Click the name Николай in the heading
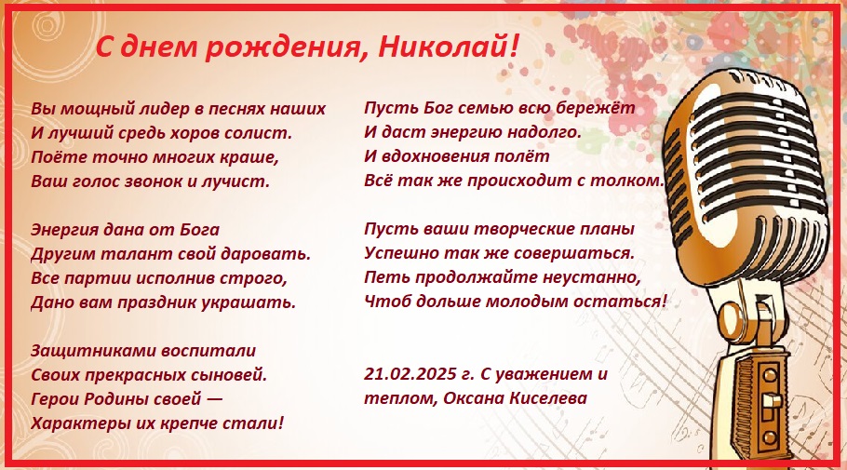pos(442,47)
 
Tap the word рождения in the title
pos(283,48)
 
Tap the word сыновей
pos(234,375)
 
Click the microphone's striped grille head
pos(746,168)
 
